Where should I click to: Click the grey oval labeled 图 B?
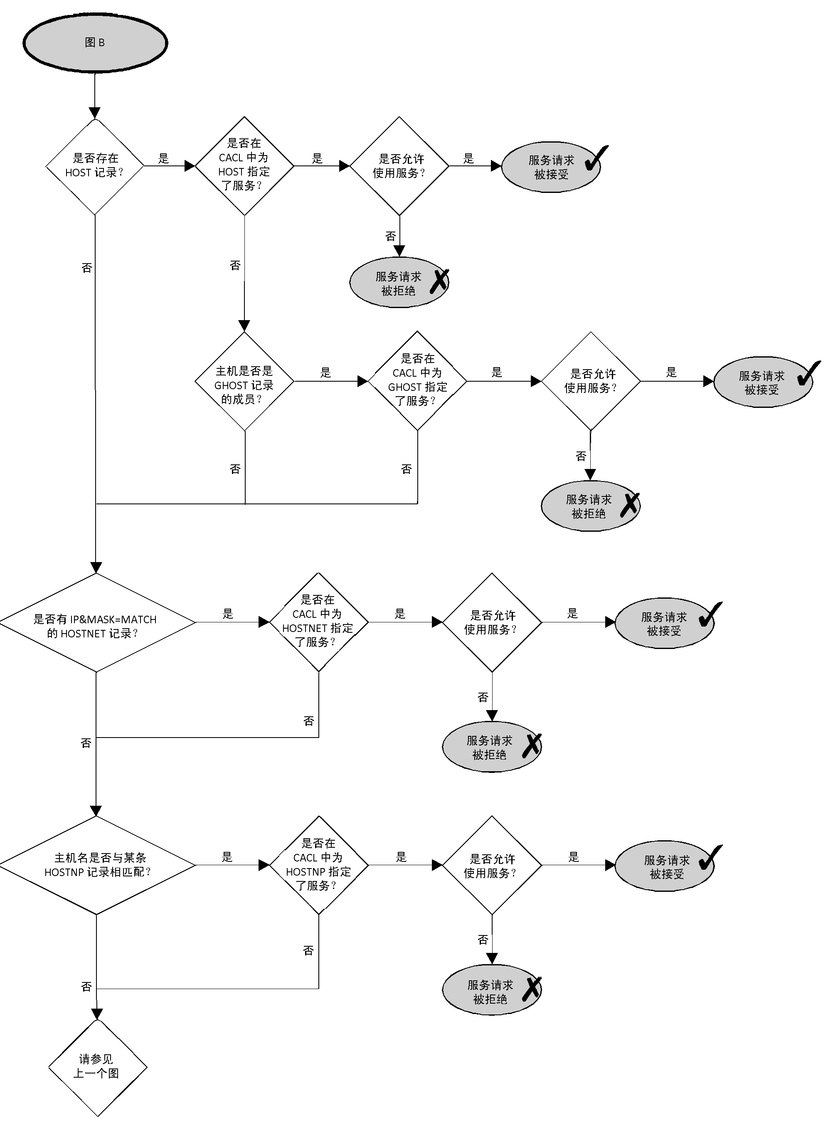tap(95, 43)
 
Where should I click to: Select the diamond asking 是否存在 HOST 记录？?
tap(94, 165)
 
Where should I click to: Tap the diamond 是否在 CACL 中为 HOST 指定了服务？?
tap(244, 165)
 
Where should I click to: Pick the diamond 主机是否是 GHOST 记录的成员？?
tap(244, 382)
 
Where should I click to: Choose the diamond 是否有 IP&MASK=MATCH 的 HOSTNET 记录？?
tap(96, 622)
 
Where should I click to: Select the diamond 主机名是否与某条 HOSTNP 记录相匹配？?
tap(96, 865)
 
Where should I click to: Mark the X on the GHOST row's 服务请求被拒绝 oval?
tap(630, 505)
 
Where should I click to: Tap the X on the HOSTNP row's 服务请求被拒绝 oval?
tap(532, 989)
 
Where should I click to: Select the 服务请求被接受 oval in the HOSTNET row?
tap(664, 623)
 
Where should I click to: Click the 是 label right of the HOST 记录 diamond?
tap(163, 159)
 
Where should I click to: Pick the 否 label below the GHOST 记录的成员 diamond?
tap(235, 469)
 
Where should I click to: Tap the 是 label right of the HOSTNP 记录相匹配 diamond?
tap(227, 857)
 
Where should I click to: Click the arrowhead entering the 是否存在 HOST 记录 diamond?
tap(94, 113)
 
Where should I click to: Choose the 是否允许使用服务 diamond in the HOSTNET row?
tap(491, 622)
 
